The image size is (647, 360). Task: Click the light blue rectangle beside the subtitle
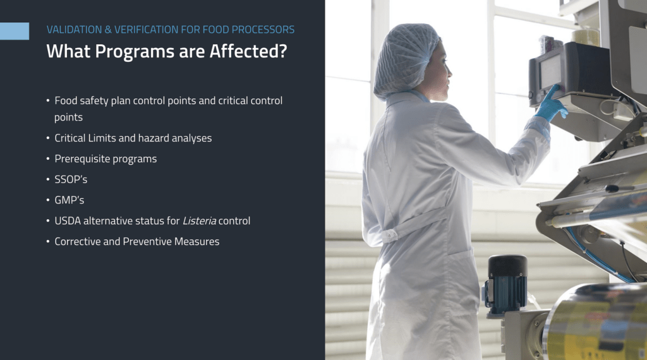15,31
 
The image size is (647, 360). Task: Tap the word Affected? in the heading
248,51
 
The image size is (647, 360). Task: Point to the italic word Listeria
199,221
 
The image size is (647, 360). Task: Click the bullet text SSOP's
71,179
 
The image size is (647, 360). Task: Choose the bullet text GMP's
70,200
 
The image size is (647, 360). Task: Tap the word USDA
68,221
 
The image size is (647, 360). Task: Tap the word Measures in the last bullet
197,242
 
